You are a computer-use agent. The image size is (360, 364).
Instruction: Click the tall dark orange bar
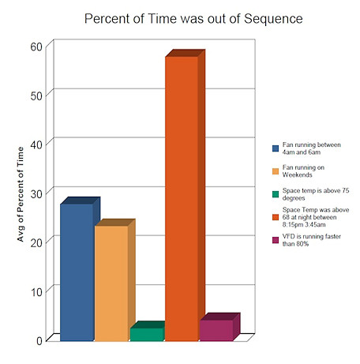(182, 197)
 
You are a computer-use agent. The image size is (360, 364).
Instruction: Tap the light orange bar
(111, 282)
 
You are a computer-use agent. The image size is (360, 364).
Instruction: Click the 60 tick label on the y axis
(37, 47)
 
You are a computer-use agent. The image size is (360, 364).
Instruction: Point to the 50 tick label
(37, 95)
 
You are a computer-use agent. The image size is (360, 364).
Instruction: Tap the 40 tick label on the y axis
(37, 143)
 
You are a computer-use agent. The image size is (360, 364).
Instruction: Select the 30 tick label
(37, 193)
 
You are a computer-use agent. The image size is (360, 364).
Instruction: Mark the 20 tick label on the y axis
(37, 242)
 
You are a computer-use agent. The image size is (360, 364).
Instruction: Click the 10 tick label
(37, 291)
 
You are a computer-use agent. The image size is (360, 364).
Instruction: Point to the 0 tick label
(40, 340)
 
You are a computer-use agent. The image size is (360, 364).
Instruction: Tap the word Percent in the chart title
(108, 17)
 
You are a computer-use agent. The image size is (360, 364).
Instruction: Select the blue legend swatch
(275, 148)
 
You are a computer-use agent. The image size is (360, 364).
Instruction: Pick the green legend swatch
(275, 193)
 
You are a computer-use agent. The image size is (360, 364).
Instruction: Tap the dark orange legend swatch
(275, 216)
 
